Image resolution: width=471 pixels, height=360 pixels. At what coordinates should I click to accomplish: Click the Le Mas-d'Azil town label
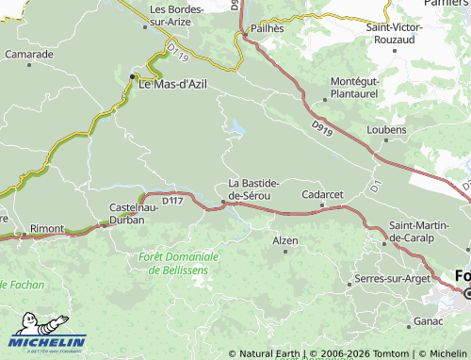pos(172,84)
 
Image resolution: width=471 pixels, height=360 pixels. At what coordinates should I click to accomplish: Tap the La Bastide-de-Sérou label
pos(252,188)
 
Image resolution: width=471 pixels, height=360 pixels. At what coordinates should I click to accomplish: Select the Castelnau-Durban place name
pos(139,211)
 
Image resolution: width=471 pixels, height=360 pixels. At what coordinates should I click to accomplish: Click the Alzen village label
pos(284,241)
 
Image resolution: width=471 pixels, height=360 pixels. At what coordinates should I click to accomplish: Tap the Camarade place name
pos(28,55)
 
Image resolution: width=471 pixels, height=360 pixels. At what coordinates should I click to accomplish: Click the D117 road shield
pos(172,201)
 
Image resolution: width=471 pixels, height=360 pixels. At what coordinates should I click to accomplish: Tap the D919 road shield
pos(321,124)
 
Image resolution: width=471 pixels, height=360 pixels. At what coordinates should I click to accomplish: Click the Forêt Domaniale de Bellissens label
pos(178,262)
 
